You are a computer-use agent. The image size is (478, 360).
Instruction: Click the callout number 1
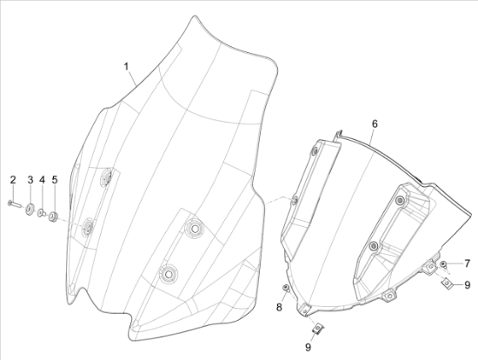point(126,66)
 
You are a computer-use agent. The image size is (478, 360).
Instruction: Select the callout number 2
point(13,180)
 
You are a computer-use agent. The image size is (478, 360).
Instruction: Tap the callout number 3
point(30,180)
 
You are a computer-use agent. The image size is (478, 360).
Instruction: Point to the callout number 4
point(42,180)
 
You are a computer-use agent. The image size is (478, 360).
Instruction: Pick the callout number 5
point(55,180)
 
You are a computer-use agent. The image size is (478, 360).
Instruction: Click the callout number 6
point(375,123)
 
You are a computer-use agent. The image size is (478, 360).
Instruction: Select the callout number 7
point(467,263)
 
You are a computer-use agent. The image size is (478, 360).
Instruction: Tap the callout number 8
point(279,307)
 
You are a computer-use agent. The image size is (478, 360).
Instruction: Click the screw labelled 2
point(14,203)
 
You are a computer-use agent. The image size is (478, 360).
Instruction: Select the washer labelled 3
point(30,210)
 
